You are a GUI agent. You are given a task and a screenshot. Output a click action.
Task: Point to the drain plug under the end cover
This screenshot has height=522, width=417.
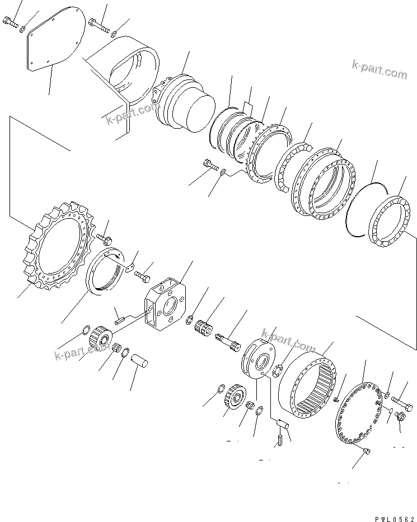367,452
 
